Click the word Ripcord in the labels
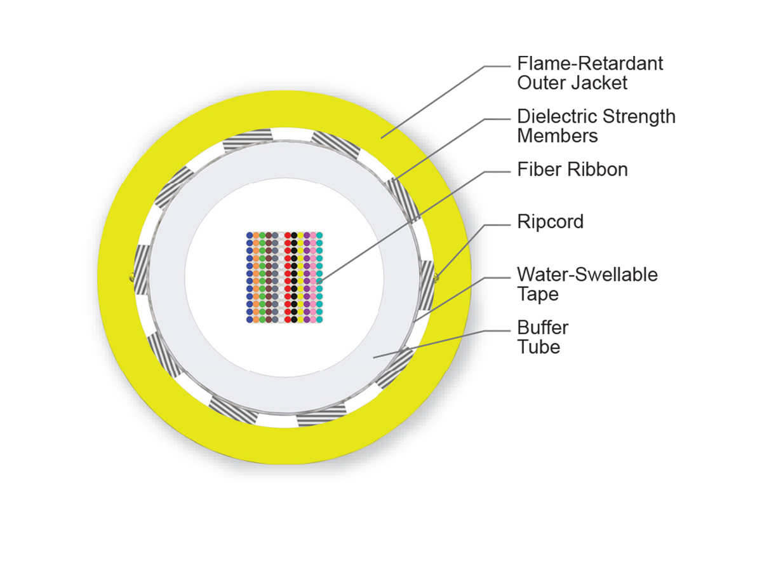550,222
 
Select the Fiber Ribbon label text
573,170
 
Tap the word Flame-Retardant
590,64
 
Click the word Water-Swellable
587,275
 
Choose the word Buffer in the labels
543,327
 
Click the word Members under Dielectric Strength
558,136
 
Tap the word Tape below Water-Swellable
538,294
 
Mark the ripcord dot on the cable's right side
436,277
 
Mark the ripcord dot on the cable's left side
131,277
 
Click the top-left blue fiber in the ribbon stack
250,235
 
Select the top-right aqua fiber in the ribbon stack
319,235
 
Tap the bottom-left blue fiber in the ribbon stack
250,319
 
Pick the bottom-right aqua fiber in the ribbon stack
319,319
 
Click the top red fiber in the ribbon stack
288,235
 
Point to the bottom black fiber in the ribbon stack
294,319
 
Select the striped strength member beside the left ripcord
142,269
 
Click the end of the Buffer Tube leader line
373,357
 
